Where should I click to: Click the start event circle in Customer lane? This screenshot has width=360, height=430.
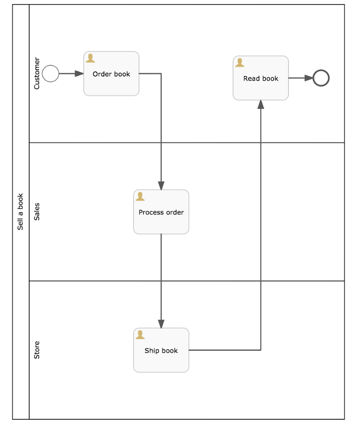click(50, 73)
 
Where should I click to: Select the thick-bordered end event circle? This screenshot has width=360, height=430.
click(321, 78)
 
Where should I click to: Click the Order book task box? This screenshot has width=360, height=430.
click(111, 73)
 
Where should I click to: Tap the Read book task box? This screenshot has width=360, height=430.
click(261, 78)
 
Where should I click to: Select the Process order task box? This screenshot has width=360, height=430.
click(161, 212)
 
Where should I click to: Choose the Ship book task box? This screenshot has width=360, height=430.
click(161, 350)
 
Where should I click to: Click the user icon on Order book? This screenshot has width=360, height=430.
click(91, 58)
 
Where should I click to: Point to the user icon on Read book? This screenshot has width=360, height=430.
click(240, 63)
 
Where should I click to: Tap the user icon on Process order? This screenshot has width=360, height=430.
click(140, 196)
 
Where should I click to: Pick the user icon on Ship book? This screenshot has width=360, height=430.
click(140, 335)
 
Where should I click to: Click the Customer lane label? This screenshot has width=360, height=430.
click(37, 73)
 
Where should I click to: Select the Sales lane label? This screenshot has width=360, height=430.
click(37, 212)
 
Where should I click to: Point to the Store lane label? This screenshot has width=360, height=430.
click(37, 350)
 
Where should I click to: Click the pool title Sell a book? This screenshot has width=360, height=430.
click(21, 212)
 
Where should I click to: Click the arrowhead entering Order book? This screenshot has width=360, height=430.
click(79, 73)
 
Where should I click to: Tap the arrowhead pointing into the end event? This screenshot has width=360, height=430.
click(309, 78)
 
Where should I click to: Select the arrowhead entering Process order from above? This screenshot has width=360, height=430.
click(161, 185)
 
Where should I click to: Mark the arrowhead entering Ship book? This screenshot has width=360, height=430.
click(161, 324)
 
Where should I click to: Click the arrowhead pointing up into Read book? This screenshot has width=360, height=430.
click(261, 104)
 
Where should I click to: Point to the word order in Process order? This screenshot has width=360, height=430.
click(174, 212)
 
